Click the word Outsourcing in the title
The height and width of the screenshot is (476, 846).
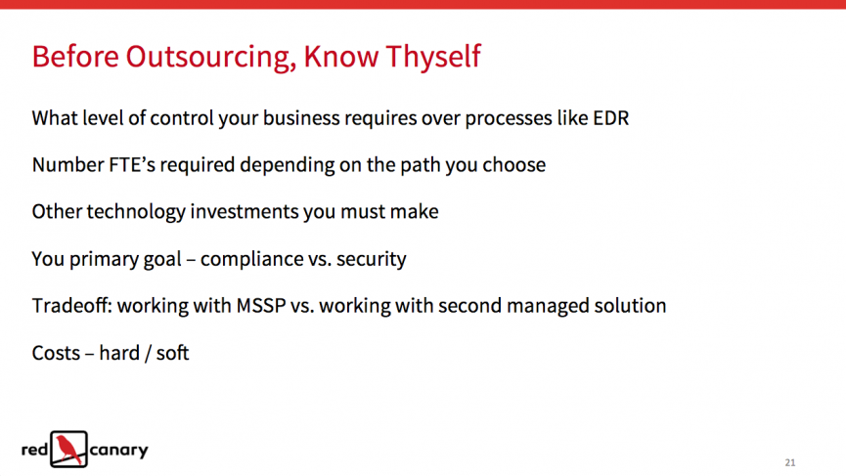coord(211,57)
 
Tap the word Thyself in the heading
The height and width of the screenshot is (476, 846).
coord(433,56)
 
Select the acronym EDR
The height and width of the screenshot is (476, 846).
coord(610,118)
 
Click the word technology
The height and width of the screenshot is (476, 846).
coord(136,212)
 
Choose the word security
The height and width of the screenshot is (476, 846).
coord(372,259)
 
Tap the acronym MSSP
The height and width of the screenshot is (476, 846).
coord(261,306)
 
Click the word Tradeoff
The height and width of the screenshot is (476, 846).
coord(72,306)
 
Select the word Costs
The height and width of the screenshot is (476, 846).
coord(56,353)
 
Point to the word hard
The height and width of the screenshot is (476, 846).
coord(119,353)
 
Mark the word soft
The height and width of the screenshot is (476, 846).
coord(173,353)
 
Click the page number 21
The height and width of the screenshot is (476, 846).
coord(790,462)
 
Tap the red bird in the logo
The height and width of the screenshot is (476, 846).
coord(69,449)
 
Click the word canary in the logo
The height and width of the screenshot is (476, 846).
coord(118,451)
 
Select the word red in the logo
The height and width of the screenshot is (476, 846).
coord(34,449)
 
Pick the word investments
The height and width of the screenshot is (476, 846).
coord(244,212)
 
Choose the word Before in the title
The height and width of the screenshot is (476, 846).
coord(75,56)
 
